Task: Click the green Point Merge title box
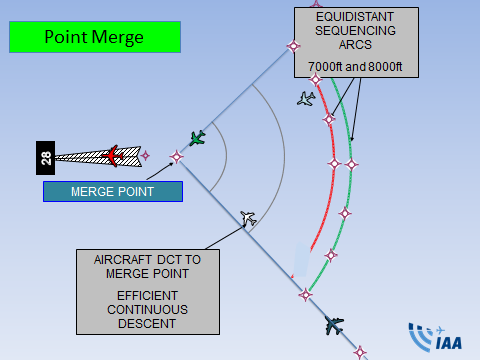pyautogui.click(x=95, y=37)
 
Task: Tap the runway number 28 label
pyautogui.click(x=46, y=158)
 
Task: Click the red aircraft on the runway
pyautogui.click(x=113, y=156)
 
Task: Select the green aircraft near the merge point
pyautogui.click(x=197, y=138)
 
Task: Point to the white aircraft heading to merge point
pyautogui.click(x=248, y=218)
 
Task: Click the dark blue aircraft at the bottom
pyautogui.click(x=334, y=325)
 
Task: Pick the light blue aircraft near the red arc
pyautogui.click(x=306, y=99)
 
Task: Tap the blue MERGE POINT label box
pyautogui.click(x=113, y=192)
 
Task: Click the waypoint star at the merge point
pyautogui.click(x=176, y=157)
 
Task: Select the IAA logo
pyautogui.click(x=435, y=337)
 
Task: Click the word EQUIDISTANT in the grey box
pyautogui.click(x=355, y=17)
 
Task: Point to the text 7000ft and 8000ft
pyautogui.click(x=355, y=67)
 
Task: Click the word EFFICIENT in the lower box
pyautogui.click(x=147, y=296)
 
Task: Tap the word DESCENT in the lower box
pyautogui.click(x=147, y=324)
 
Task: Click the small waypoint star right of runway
pyautogui.click(x=145, y=155)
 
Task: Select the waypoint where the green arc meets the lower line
pyautogui.click(x=305, y=295)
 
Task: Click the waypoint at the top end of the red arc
pyautogui.click(x=315, y=79)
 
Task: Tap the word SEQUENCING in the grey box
pyautogui.click(x=355, y=31)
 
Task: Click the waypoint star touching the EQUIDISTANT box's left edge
pyautogui.click(x=294, y=46)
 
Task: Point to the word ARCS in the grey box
pyautogui.click(x=355, y=45)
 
